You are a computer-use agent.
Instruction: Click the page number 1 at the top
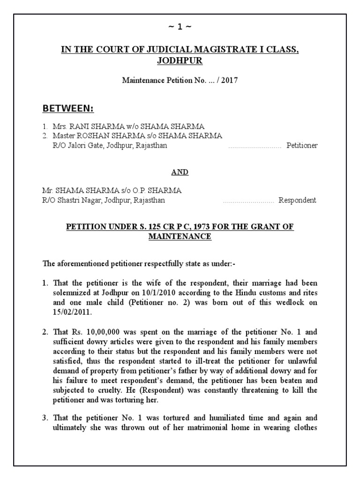click(x=180, y=27)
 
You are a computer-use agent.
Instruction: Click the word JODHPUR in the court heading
click(x=180, y=60)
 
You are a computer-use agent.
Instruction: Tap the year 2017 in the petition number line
click(x=229, y=80)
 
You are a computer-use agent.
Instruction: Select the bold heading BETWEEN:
click(x=68, y=109)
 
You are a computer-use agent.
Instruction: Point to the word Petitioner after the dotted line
click(x=302, y=145)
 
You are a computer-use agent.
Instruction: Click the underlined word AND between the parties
click(x=180, y=172)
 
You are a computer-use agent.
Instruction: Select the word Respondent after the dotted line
click(x=298, y=200)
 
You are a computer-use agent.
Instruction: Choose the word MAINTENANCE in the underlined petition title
click(x=180, y=236)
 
